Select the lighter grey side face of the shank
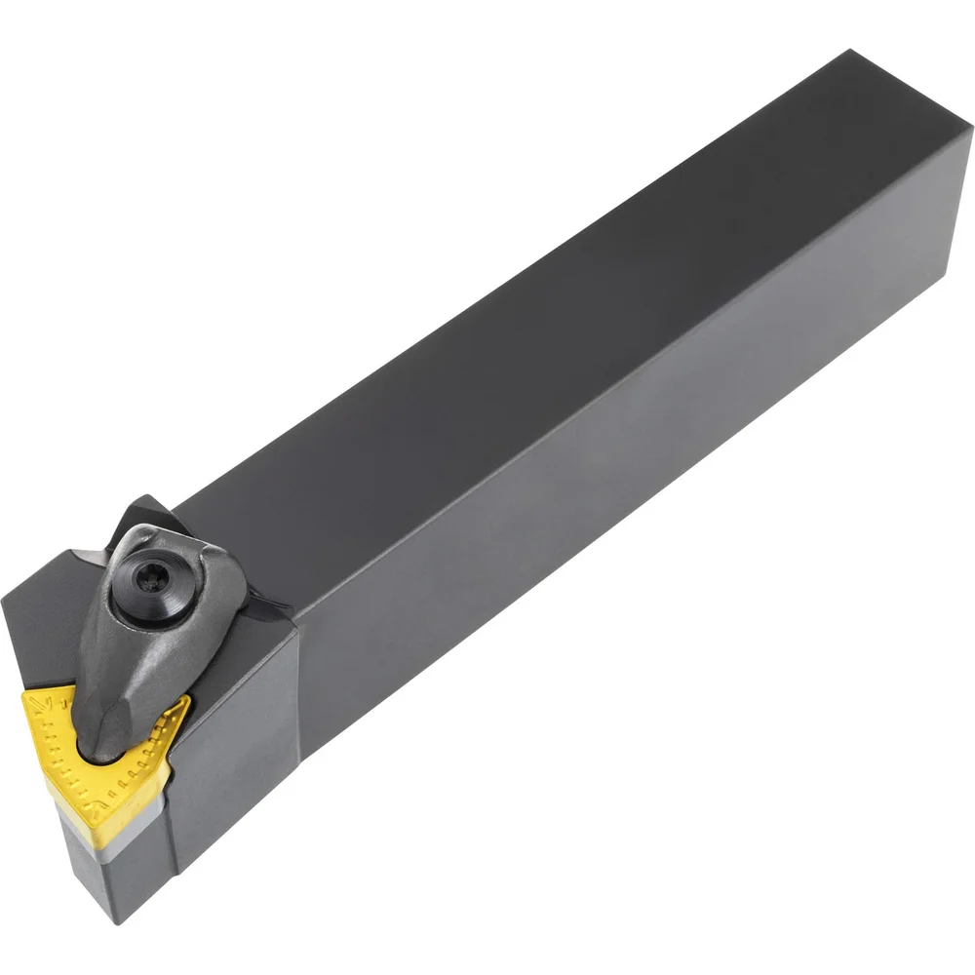[x=634, y=439]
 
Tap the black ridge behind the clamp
[x=146, y=517]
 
